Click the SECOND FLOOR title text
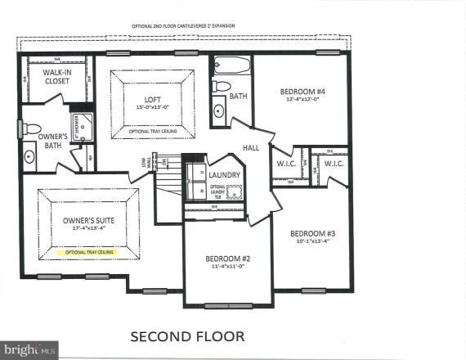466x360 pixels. click(187, 335)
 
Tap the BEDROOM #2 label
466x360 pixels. click(227, 259)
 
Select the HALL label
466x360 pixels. click(250, 148)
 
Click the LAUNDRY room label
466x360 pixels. click(224, 175)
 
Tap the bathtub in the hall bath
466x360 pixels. click(231, 65)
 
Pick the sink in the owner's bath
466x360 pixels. click(29, 155)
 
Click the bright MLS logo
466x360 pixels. click(29, 350)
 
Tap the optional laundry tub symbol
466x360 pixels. click(234, 192)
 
